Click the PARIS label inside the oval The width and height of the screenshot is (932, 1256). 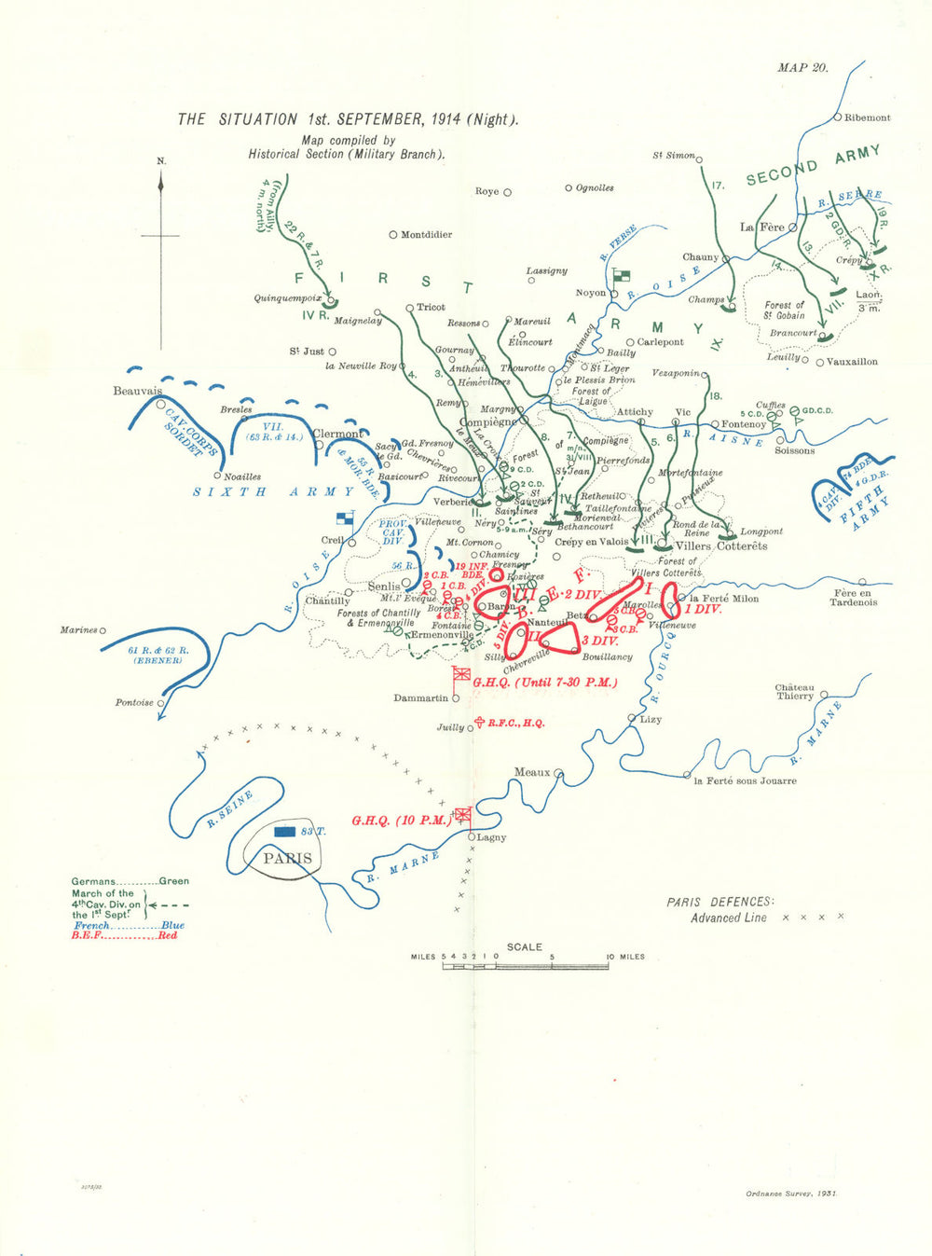(287, 859)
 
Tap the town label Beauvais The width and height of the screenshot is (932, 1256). (137, 391)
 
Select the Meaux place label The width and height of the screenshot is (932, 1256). (532, 772)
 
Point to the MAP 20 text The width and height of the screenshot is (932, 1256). (802, 67)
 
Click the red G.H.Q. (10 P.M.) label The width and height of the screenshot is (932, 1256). (401, 821)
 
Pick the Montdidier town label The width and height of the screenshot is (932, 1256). (426, 235)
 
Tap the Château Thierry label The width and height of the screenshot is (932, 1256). (795, 691)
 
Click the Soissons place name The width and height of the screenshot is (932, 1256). (794, 450)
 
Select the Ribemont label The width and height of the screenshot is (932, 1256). (867, 117)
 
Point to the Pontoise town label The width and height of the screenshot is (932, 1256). (134, 702)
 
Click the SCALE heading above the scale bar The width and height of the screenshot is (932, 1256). (524, 946)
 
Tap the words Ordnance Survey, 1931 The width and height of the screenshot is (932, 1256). (791, 1194)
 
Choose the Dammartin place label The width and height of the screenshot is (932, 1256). (420, 697)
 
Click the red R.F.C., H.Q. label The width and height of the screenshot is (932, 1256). (515, 723)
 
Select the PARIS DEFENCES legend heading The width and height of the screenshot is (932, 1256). (720, 902)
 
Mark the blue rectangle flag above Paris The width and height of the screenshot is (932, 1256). (286, 831)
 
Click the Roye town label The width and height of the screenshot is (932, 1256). (487, 191)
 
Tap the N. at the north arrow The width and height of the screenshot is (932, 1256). (161, 161)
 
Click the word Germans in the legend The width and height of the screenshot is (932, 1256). (93, 881)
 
